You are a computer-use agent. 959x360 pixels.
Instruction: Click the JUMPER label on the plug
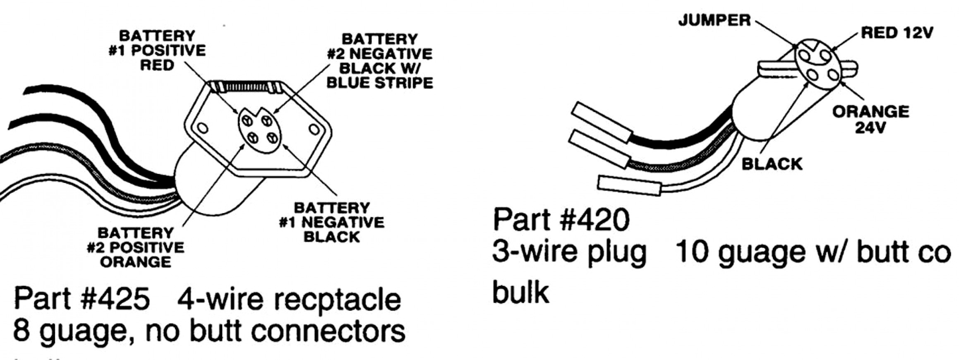[714, 20]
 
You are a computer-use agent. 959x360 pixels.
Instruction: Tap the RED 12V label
[897, 33]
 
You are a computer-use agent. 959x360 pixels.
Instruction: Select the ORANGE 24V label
[870, 120]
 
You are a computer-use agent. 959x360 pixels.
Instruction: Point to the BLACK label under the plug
[772, 164]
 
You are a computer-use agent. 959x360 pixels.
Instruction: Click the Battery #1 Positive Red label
[157, 50]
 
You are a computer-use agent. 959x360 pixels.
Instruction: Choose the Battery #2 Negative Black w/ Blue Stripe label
[380, 61]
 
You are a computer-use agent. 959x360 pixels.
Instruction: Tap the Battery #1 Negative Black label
[331, 222]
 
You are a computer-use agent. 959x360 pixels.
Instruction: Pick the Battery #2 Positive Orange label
[136, 247]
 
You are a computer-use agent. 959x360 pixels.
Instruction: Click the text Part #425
[82, 299]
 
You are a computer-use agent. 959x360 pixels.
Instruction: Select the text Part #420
[561, 220]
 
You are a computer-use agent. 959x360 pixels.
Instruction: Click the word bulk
[520, 292]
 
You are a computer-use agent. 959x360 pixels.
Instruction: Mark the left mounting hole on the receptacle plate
[202, 127]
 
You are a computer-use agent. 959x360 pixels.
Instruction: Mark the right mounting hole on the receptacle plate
[314, 130]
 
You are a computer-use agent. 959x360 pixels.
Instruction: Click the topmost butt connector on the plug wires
[602, 122]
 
